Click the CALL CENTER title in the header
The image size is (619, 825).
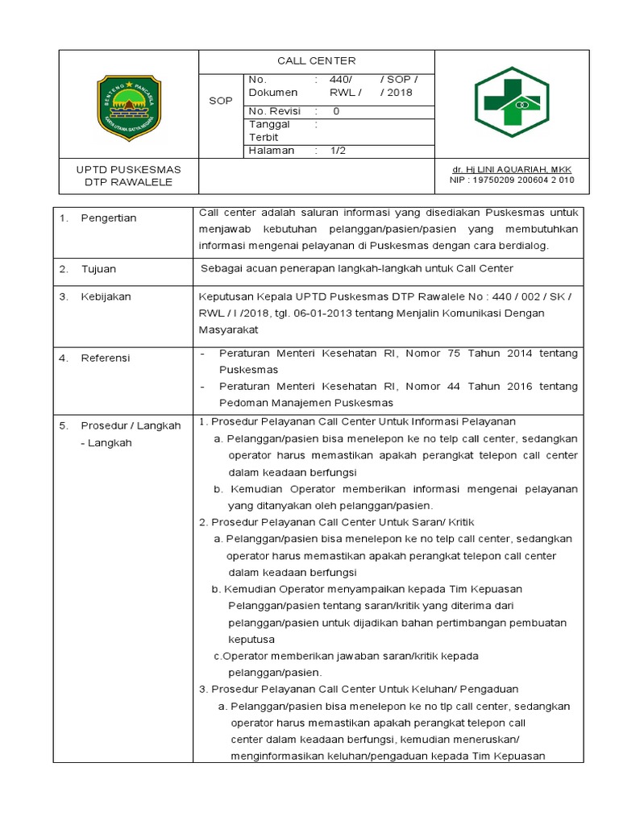(316, 60)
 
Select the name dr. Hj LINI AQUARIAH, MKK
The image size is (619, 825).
(511, 169)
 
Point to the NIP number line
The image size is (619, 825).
(511, 180)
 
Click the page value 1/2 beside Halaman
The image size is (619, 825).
(339, 151)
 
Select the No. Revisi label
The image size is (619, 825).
(272, 111)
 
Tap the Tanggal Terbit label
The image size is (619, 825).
(269, 131)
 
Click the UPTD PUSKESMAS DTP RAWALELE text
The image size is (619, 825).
(129, 176)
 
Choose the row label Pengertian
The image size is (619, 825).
(109, 218)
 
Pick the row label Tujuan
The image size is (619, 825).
(98, 268)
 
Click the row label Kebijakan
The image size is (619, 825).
(106, 296)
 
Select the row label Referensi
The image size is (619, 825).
(106, 358)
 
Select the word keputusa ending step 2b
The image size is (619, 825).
(251, 640)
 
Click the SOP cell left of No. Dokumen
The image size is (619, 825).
(220, 101)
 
